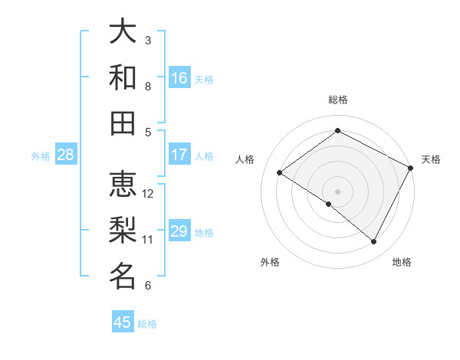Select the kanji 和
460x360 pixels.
point(123,77)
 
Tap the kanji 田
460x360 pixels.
point(123,123)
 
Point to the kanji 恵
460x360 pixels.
point(123,184)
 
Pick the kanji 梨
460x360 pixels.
point(123,230)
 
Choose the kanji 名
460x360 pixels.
point(123,276)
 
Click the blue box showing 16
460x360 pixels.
point(179,78)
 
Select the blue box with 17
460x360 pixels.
point(179,155)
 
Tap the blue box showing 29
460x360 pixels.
point(179,232)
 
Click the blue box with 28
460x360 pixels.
point(65,155)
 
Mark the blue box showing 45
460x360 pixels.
point(123,322)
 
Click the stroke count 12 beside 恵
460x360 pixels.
point(149,193)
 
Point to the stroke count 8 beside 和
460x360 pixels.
point(149,86)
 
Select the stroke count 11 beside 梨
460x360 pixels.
point(149,239)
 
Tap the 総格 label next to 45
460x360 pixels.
point(147,324)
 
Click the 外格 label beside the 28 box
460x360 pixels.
point(41,156)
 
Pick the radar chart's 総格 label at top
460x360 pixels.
point(337,100)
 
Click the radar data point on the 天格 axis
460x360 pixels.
point(411,169)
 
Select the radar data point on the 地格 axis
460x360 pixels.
point(374,242)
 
